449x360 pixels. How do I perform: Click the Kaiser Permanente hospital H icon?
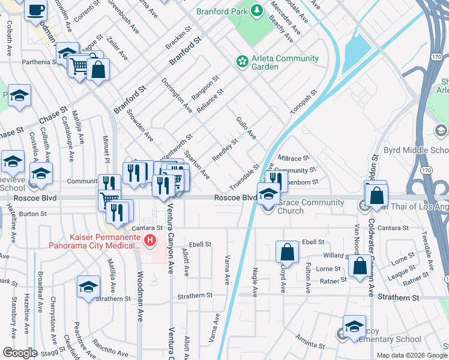(x=150, y=242)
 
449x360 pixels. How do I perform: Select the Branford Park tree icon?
(x=256, y=10)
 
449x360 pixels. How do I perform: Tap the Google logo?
(x=20, y=353)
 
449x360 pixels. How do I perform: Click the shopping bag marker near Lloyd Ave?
(x=288, y=252)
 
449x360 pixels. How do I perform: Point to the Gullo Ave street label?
(x=247, y=128)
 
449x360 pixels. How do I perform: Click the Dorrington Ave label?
(x=176, y=95)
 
